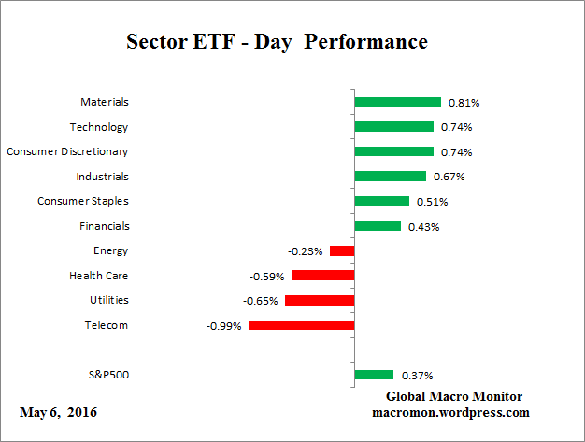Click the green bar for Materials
tap(397, 102)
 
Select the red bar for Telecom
tap(301, 325)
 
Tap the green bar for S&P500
tap(374, 375)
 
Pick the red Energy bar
tap(342, 250)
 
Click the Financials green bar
tap(378, 225)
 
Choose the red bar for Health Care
tap(322, 276)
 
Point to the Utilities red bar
tap(320, 300)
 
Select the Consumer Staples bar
tap(381, 201)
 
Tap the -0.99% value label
tap(224, 326)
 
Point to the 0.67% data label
tap(448, 177)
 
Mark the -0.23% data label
tap(306, 251)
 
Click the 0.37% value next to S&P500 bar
tap(416, 376)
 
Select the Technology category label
tap(99, 127)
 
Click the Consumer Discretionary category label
tap(67, 151)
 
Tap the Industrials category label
tap(102, 176)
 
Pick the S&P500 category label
tap(107, 375)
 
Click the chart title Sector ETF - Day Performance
tap(276, 43)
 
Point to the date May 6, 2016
tap(58, 412)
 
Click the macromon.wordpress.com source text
tap(451, 412)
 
